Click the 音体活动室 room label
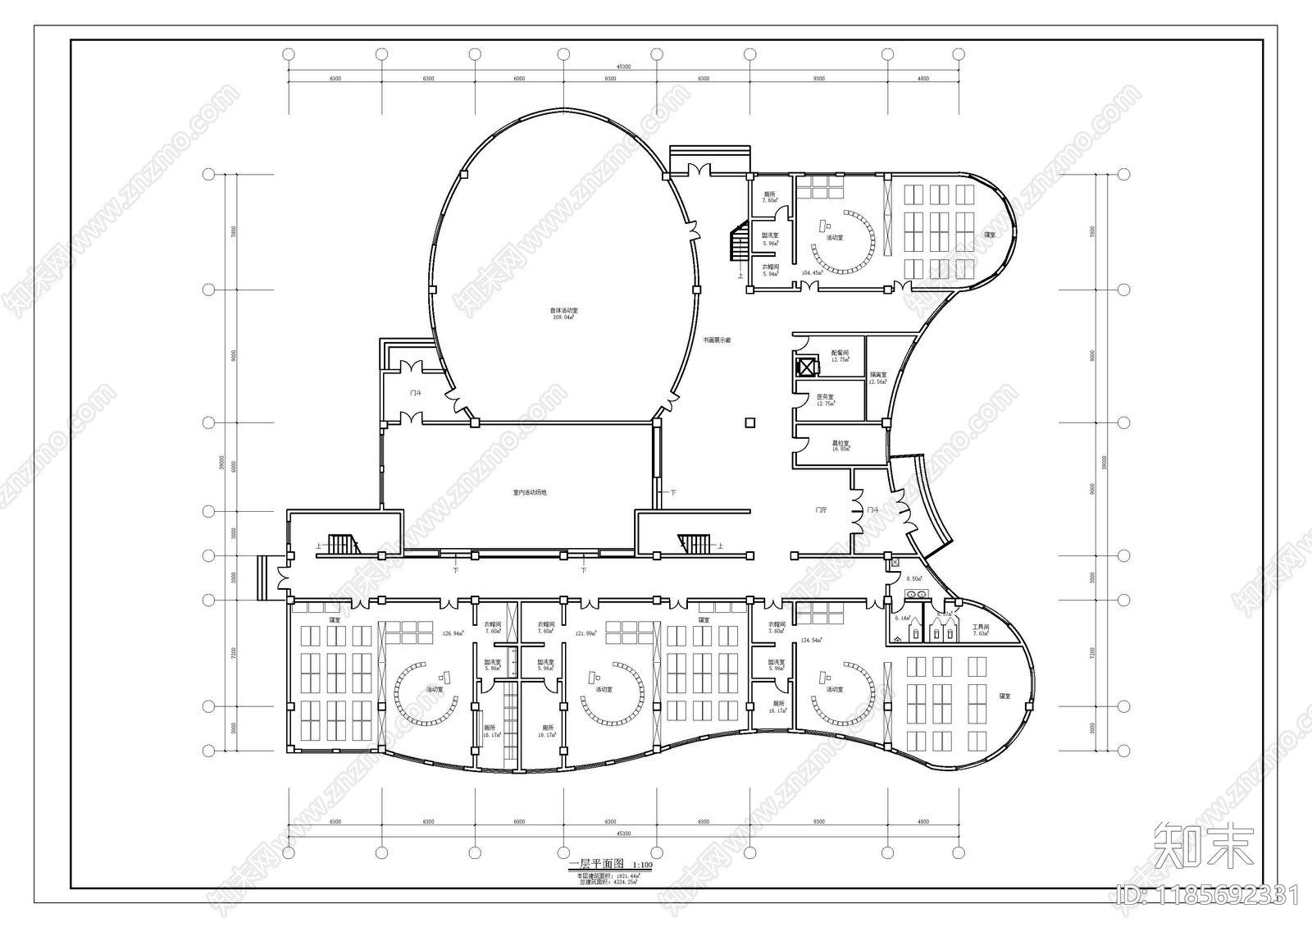[563, 311]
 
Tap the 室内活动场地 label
[529, 493]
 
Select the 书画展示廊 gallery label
[717, 340]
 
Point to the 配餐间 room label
[839, 354]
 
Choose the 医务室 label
[825, 397]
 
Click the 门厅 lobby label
[821, 510]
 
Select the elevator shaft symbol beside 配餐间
[807, 364]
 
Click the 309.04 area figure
[563, 317]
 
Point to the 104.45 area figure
[812, 273]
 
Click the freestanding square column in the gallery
[748, 422]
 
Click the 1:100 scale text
[642, 865]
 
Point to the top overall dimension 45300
[623, 67]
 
